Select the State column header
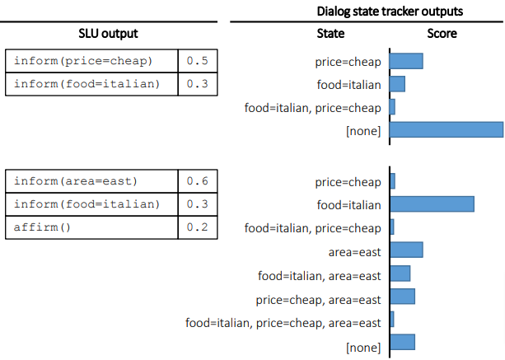330,34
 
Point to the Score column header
442,34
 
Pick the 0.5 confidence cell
197,61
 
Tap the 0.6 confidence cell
197,181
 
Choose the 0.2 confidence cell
197,227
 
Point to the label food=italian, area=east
320,275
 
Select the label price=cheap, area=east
319,299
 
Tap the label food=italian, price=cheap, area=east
283,323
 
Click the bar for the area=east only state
405,250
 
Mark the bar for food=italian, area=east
400,274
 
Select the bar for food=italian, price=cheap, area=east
391,320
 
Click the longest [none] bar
446,129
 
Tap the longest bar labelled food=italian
432,204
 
